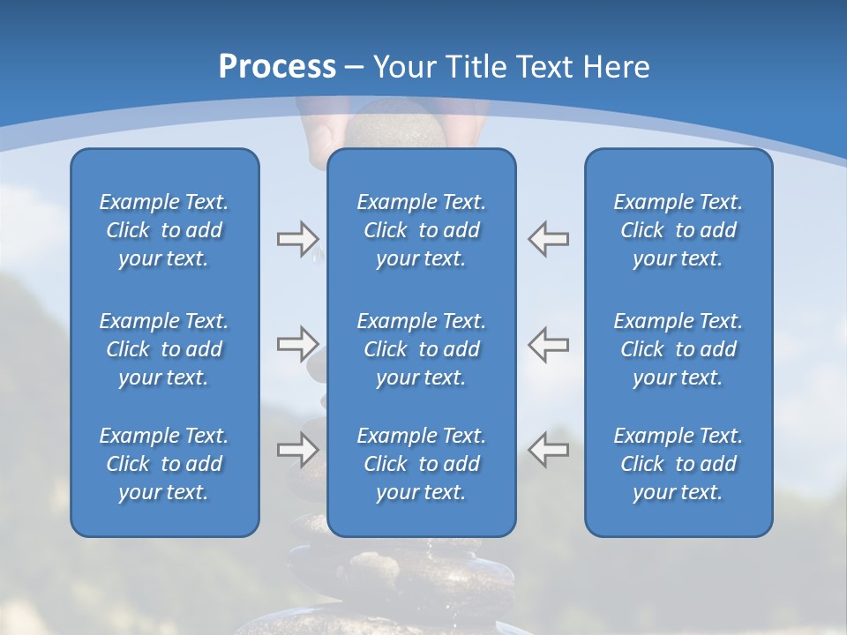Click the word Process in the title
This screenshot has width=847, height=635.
[277, 67]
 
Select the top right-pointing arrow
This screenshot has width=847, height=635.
[297, 238]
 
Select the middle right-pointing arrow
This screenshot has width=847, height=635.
[297, 344]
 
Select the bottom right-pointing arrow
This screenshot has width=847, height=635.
[297, 450]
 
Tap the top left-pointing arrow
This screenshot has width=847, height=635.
[549, 238]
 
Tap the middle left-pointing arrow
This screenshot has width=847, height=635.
[549, 344]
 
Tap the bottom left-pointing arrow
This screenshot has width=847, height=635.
[549, 450]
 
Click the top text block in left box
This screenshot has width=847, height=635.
[164, 230]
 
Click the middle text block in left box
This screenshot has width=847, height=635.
[164, 349]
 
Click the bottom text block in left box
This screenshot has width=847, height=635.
[164, 464]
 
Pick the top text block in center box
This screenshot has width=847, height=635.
[422, 230]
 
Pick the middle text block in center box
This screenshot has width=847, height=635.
[422, 349]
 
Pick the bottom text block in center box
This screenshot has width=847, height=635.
[422, 464]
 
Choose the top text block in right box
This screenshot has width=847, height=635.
[678, 230]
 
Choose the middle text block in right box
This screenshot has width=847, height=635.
[678, 349]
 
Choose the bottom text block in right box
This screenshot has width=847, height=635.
[678, 464]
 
